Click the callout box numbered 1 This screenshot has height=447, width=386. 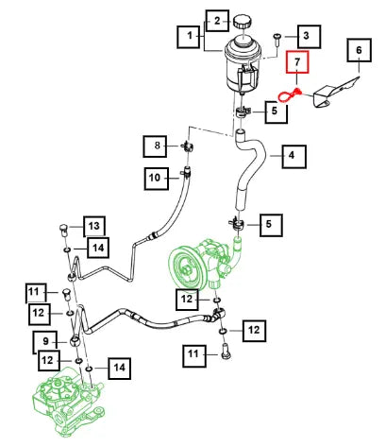(189, 37)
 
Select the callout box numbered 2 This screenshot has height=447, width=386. (217, 21)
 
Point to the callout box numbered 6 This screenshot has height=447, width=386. (360, 50)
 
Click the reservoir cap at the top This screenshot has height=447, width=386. (243, 22)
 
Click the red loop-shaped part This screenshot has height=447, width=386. (290, 95)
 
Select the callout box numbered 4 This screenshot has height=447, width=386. (294, 156)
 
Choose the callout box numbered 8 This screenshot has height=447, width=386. (155, 146)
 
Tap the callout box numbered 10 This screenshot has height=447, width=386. (157, 179)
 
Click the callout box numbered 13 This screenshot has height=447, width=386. (94, 226)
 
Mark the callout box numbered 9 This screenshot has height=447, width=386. (45, 342)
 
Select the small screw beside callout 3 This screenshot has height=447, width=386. (277, 40)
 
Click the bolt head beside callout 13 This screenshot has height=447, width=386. (63, 230)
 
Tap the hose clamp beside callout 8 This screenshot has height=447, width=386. (187, 146)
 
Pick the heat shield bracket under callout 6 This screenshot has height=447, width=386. (334, 93)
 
